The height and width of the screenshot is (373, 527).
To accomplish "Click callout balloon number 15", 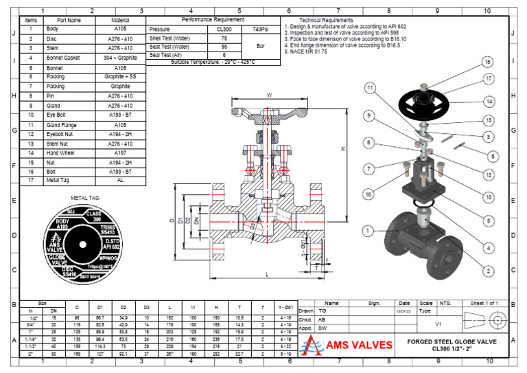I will (x=487, y=62).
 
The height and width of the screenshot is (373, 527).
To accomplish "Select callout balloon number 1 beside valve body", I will (x=368, y=230).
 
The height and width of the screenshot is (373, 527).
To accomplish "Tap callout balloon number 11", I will (x=371, y=88).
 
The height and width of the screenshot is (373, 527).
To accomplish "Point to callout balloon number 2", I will (x=487, y=271).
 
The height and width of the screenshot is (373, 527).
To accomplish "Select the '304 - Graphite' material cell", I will (x=120, y=59).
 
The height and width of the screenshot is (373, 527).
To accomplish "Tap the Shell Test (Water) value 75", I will (x=224, y=38).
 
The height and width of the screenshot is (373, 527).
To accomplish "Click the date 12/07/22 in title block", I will (x=404, y=310).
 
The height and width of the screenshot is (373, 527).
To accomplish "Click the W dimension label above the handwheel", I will (x=269, y=95).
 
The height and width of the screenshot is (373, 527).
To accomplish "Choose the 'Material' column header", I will (x=120, y=21).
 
